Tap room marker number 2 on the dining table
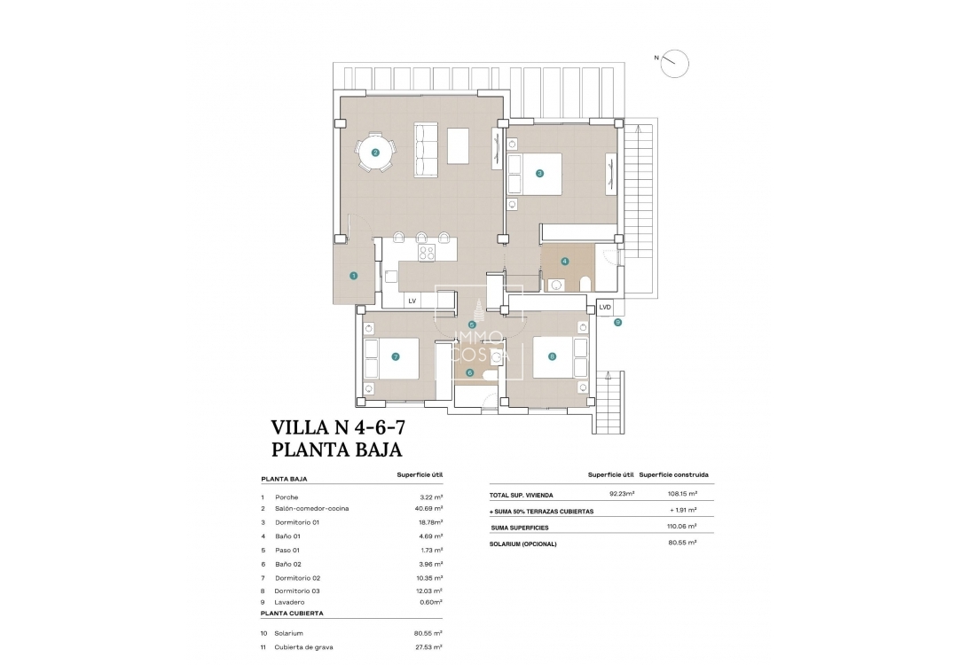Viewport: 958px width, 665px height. (x=375, y=153)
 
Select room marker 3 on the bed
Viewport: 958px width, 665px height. (x=539, y=173)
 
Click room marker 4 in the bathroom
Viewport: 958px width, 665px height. (x=564, y=262)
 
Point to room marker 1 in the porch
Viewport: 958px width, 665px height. (x=353, y=276)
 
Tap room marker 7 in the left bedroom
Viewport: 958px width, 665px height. (x=396, y=357)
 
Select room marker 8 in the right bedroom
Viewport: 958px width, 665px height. (x=552, y=357)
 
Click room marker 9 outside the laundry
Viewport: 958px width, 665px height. (x=617, y=323)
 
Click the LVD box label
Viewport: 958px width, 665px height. (x=605, y=307)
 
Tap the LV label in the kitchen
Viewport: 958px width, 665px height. (x=412, y=301)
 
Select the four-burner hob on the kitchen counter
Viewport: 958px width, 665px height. (x=427, y=252)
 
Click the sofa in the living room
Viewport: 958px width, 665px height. (x=427, y=150)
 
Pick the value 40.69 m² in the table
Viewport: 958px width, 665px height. (x=431, y=509)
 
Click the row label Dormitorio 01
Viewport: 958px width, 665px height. (x=295, y=522)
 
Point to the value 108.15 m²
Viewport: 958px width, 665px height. (x=681, y=495)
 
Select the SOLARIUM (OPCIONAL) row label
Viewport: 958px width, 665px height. (x=522, y=544)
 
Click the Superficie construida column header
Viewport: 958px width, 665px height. (x=673, y=474)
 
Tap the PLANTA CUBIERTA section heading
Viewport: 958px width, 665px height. (x=292, y=613)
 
